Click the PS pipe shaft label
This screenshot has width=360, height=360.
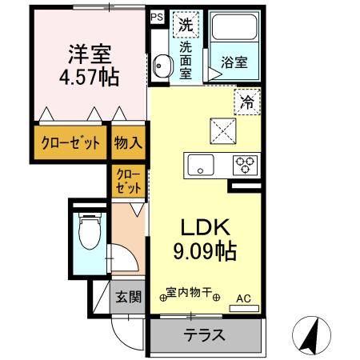pyautogui.click(x=157, y=18)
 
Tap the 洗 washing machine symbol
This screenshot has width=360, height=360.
pyautogui.click(x=186, y=25)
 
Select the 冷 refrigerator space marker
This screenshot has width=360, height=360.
pyautogui.click(x=247, y=102)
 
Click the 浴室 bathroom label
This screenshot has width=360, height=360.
pyautogui.click(x=234, y=62)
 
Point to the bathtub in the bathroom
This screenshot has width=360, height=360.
pyautogui.click(x=234, y=27)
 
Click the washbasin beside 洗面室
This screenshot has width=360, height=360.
pyautogui.click(x=162, y=66)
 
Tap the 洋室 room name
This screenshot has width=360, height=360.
pyautogui.click(x=90, y=54)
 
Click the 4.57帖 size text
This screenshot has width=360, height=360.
pyautogui.click(x=89, y=78)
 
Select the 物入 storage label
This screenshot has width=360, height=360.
pyautogui.click(x=128, y=142)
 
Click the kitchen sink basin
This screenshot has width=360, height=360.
pyautogui.click(x=201, y=165)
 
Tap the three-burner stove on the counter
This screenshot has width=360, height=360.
pyautogui.click(x=245, y=165)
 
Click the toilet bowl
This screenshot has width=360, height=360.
pyautogui.click(x=90, y=231)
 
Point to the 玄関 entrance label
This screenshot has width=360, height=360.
pyautogui.click(x=128, y=297)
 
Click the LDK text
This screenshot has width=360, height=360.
pyautogui.click(x=206, y=227)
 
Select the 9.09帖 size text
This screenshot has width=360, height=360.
pyautogui.click(x=205, y=251)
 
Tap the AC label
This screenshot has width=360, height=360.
pyautogui.click(x=244, y=298)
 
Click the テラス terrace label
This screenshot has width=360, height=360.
pyautogui.click(x=205, y=335)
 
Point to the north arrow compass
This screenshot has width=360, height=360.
pyautogui.click(x=311, y=335)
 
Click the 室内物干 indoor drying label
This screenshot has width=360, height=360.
pyautogui.click(x=190, y=293)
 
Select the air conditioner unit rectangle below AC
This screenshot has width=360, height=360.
pyautogui.click(x=244, y=308)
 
